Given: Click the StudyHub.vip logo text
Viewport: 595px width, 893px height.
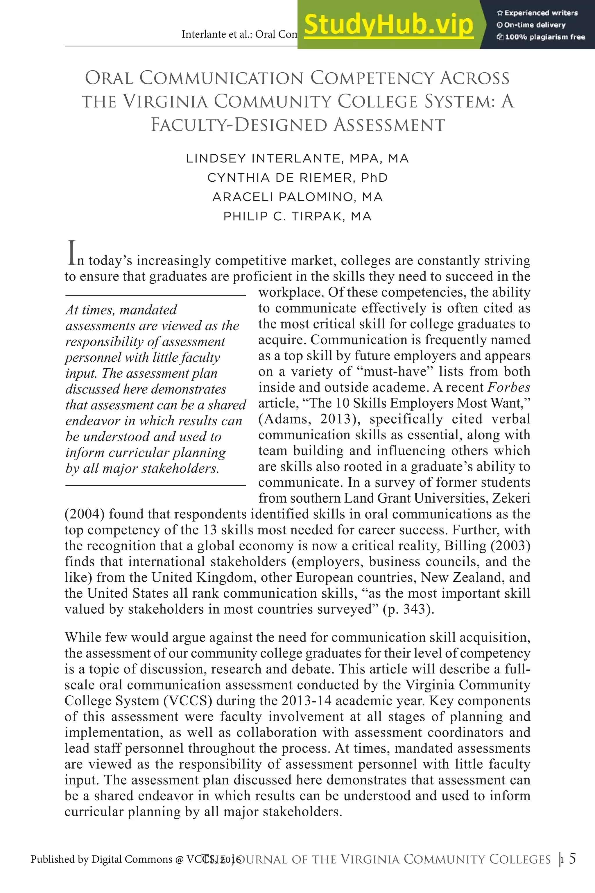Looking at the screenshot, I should click(x=388, y=25).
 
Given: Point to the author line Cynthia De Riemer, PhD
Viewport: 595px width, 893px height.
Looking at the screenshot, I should click(x=297, y=178).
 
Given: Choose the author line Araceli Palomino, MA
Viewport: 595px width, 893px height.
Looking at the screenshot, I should click(x=297, y=197).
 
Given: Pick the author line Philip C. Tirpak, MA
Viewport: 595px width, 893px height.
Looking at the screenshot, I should click(x=297, y=216).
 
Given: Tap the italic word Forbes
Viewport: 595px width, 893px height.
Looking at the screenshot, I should click(x=508, y=387).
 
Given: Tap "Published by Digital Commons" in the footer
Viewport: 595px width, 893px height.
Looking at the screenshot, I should click(x=101, y=859).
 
